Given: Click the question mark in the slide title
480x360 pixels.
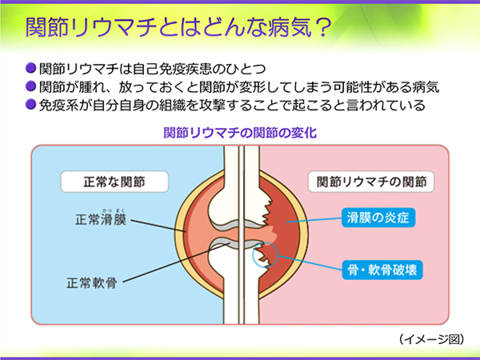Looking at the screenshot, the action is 322,28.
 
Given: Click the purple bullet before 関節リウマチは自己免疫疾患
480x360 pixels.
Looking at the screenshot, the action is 30,68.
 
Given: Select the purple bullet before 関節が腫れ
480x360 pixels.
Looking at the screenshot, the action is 30,86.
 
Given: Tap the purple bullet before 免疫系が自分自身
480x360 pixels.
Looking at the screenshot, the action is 30,104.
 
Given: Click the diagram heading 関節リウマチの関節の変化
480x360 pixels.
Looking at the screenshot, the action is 240,133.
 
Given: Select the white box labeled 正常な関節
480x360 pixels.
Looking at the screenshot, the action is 114,182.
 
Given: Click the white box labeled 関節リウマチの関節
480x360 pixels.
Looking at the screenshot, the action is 371,182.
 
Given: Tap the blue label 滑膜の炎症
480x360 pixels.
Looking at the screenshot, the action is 378,218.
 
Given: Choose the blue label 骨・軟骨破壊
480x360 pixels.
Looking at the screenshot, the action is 382,270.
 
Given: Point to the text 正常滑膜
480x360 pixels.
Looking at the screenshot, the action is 101,220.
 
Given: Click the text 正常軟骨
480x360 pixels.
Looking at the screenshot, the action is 92,283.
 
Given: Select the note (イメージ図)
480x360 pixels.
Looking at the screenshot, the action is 432,339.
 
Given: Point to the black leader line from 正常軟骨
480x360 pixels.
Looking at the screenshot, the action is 176,262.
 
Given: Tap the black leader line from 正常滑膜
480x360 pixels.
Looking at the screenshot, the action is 158,226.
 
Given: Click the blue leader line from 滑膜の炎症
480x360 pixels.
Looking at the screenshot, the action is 314,220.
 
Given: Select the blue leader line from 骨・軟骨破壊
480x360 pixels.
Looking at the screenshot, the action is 310,263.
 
